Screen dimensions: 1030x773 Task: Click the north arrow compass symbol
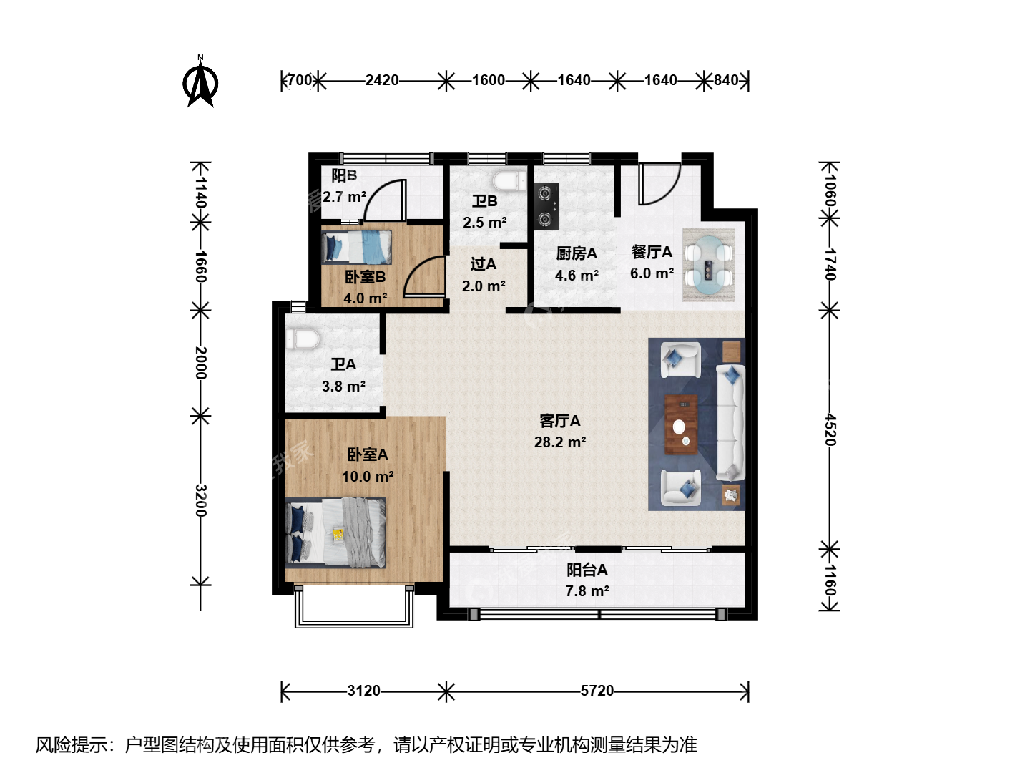click(200, 82)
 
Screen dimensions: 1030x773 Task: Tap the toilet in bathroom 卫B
click(509, 181)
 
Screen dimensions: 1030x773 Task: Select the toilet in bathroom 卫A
click(303, 339)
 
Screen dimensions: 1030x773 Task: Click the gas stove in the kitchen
click(546, 207)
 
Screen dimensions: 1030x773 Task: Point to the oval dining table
click(709, 265)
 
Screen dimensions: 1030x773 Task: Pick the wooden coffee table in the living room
click(681, 425)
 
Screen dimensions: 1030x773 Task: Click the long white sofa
click(730, 422)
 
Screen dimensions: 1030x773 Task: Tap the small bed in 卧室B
click(357, 247)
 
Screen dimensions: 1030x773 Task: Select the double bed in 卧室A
click(335, 533)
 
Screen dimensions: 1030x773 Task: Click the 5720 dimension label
click(597, 691)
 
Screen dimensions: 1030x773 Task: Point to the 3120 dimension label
click(363, 691)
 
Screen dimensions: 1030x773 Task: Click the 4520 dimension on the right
click(830, 429)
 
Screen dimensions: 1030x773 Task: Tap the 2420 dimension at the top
click(382, 80)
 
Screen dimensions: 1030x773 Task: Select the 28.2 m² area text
click(560, 442)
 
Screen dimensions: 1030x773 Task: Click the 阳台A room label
click(587, 570)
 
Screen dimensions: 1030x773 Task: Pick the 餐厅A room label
click(652, 252)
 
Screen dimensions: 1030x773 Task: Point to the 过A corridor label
click(484, 264)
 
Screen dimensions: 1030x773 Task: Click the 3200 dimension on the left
click(201, 500)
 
